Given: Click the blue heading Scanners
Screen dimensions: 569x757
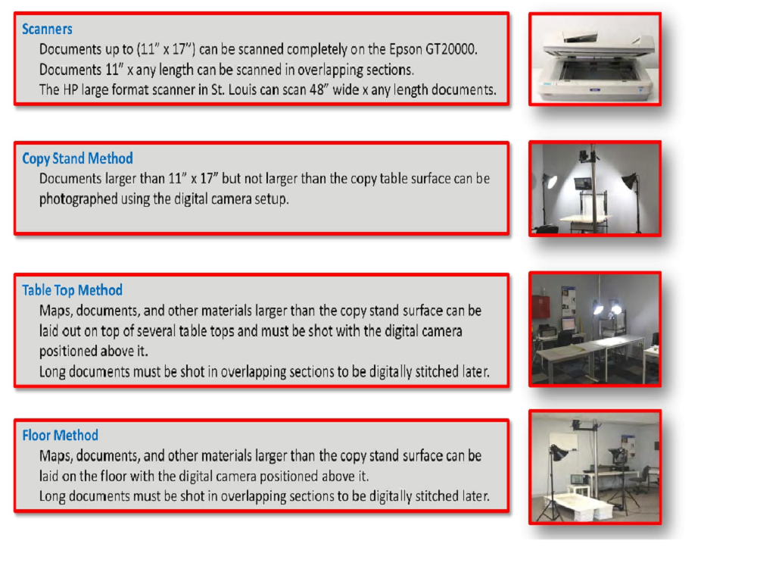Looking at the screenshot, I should coord(47,29).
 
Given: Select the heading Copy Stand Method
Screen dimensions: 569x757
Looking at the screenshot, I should coord(77,158).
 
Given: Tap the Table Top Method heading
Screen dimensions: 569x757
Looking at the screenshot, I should coord(72,290).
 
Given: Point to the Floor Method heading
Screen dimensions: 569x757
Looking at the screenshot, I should coord(60,436).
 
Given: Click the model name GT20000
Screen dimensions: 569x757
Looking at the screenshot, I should coord(450,49).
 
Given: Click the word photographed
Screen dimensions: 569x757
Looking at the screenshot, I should coord(79,200).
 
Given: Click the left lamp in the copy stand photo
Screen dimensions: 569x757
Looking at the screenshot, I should coord(550,182).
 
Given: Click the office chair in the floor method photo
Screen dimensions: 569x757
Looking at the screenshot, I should coord(643,479).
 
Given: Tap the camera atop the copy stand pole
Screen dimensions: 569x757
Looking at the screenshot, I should coord(584,157).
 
